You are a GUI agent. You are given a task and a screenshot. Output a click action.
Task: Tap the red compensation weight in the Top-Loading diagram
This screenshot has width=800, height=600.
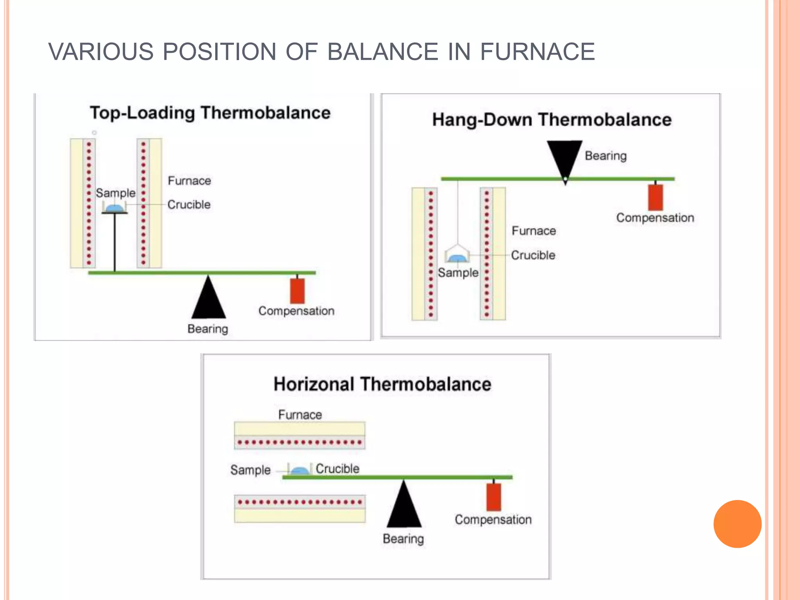pyautogui.click(x=297, y=291)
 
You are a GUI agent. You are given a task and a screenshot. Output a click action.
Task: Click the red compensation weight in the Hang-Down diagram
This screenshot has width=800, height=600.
pyautogui.click(x=655, y=198)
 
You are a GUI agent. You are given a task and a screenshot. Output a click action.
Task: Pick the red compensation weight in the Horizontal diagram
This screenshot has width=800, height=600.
pyautogui.click(x=494, y=497)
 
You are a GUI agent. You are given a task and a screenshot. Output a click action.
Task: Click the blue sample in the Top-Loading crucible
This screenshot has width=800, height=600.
pyautogui.click(x=114, y=208)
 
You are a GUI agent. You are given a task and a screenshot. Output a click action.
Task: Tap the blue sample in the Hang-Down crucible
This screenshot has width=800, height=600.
pyautogui.click(x=457, y=258)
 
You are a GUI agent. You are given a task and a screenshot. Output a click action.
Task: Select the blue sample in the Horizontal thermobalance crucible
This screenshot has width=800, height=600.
pyautogui.click(x=300, y=471)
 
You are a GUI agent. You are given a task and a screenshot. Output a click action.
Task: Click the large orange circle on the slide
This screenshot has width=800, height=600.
pyautogui.click(x=737, y=524)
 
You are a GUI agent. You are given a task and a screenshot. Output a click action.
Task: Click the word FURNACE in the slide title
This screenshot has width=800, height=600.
pyautogui.click(x=537, y=52)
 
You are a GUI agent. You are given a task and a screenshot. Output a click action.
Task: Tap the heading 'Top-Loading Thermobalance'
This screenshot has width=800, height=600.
pyautogui.click(x=210, y=113)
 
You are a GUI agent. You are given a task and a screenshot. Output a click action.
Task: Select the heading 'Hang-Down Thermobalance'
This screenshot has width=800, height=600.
pyautogui.click(x=552, y=120)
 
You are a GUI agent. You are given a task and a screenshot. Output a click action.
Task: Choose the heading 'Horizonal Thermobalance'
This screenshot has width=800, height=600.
pyautogui.click(x=382, y=384)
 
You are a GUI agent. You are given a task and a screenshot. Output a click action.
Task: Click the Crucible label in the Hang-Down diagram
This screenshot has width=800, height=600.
pyautogui.click(x=533, y=255)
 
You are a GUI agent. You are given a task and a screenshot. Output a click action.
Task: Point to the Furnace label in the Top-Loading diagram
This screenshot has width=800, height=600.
pyautogui.click(x=189, y=180)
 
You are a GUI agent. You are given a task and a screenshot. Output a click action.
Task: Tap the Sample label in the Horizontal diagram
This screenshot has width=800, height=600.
pyautogui.click(x=250, y=470)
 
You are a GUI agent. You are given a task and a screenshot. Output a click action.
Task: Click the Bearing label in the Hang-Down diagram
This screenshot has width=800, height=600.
pyautogui.click(x=605, y=155)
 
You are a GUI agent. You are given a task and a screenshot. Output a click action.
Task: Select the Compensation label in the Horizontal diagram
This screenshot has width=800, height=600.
pyautogui.click(x=493, y=520)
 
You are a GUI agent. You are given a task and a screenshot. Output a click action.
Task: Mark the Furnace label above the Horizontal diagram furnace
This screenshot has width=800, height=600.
pyautogui.click(x=300, y=414)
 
